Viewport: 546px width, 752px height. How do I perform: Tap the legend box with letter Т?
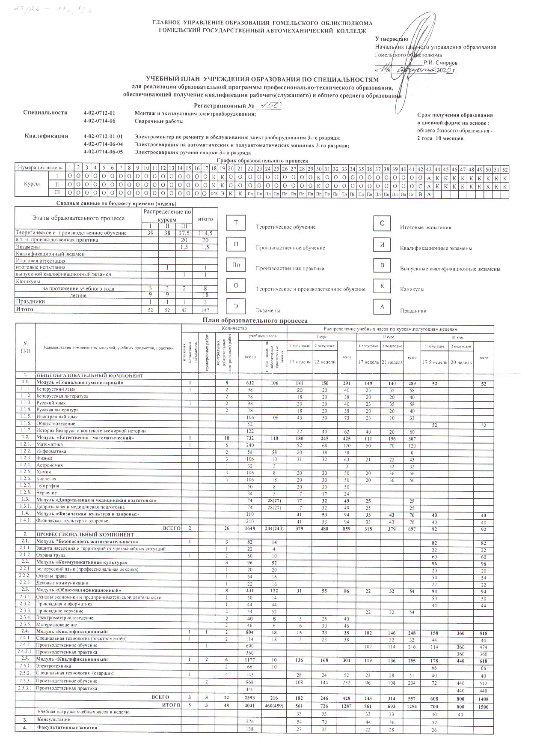point(236,223)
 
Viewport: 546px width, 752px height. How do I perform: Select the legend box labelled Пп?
point(236,265)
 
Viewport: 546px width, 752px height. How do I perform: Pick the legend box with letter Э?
point(236,306)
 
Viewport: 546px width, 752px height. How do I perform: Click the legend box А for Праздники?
point(383,306)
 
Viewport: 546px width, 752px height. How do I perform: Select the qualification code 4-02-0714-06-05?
point(104,152)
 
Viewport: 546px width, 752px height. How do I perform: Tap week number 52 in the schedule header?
point(505,168)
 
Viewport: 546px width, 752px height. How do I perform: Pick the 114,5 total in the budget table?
point(205,233)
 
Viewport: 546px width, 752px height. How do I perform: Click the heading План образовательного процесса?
point(255,321)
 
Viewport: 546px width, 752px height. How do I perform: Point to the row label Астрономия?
point(50,465)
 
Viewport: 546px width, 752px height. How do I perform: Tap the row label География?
point(47,486)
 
